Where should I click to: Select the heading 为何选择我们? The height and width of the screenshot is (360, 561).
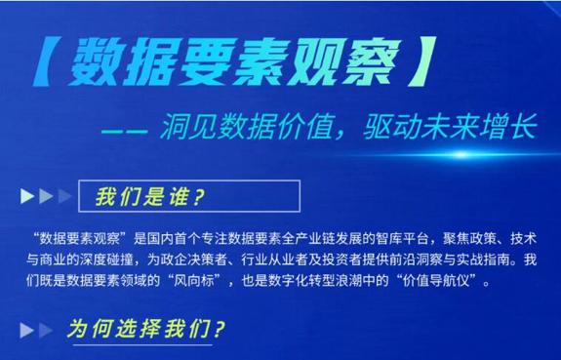pos(146,328)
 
